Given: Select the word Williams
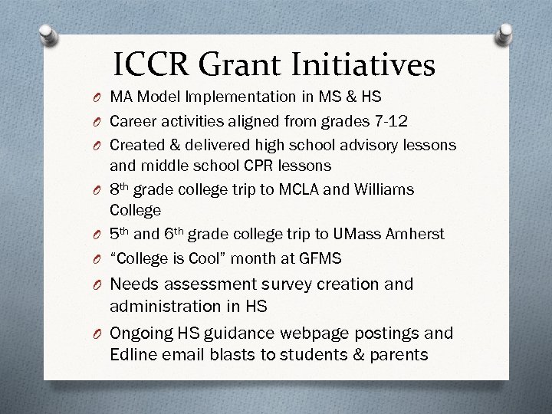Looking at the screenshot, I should [383, 189].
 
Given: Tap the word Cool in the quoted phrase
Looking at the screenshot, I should [196, 258].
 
